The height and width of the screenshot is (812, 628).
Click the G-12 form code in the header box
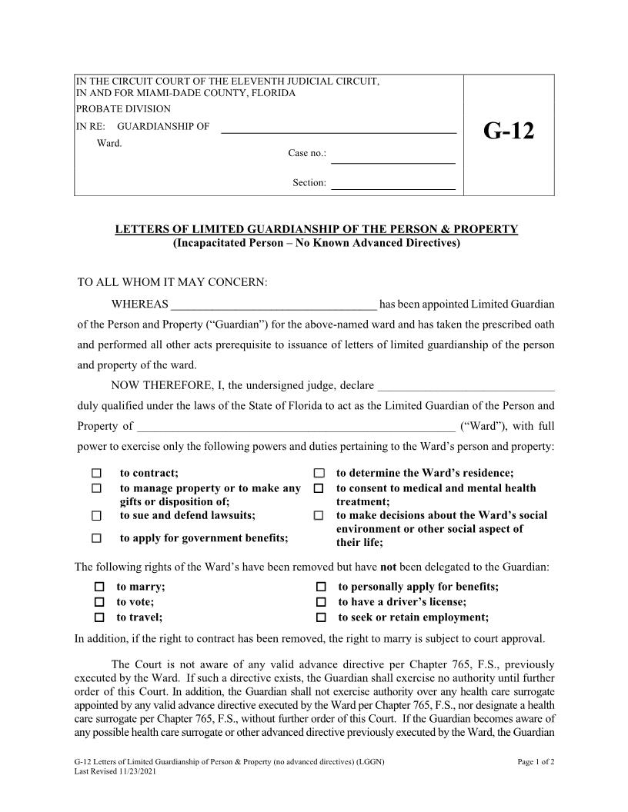pyautogui.click(x=508, y=131)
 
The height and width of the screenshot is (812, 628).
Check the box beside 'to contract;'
pyautogui.click(x=97, y=473)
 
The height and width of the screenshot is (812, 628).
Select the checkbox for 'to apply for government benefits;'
pyautogui.click(x=97, y=538)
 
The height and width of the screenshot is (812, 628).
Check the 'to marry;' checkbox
pyautogui.click(x=99, y=587)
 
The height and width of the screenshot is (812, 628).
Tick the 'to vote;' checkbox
pyautogui.click(x=99, y=602)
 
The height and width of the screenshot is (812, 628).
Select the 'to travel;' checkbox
pyautogui.click(x=99, y=617)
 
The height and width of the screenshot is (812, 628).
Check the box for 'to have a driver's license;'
pyautogui.click(x=322, y=602)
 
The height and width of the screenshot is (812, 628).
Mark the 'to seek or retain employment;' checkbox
pyautogui.click(x=322, y=617)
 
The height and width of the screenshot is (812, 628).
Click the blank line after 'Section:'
pyautogui.click(x=392, y=185)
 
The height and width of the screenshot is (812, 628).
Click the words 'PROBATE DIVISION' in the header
pyautogui.click(x=123, y=109)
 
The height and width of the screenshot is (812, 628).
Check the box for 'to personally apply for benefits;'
pyautogui.click(x=322, y=587)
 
